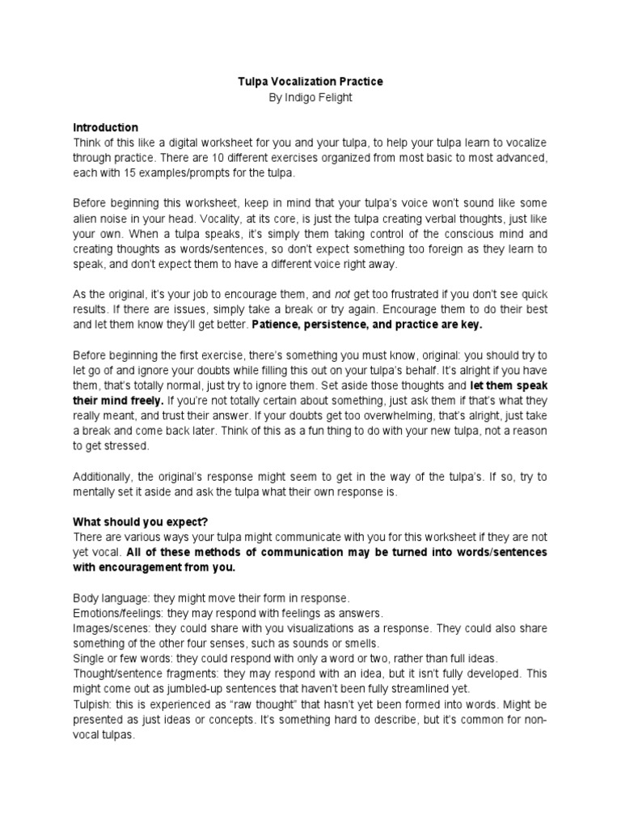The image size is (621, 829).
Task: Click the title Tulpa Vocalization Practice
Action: tap(310, 82)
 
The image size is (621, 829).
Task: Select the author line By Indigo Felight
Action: tap(310, 97)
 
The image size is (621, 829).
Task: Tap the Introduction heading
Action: tap(105, 128)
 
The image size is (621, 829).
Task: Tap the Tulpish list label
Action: tap(91, 704)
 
